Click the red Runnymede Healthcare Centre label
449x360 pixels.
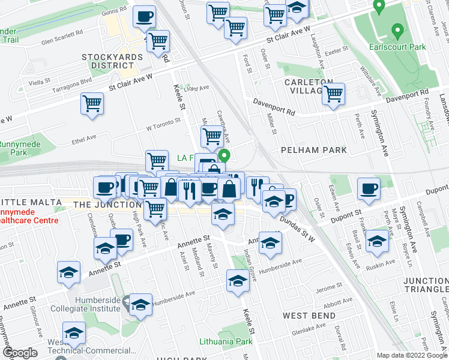point(26,217)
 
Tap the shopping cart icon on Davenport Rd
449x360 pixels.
point(333,93)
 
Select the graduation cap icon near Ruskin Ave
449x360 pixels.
point(377,241)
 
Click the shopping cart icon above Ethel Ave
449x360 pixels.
point(92,103)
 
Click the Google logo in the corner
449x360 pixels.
point(20,353)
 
